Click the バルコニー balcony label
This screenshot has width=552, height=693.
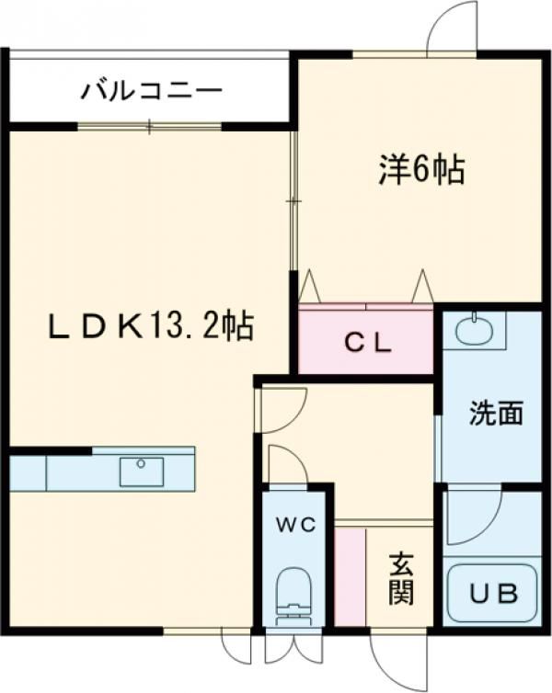[152, 91]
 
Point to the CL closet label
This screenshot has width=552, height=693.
[369, 344]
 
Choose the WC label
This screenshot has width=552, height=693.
[297, 526]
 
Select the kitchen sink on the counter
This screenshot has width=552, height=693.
[142, 471]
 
